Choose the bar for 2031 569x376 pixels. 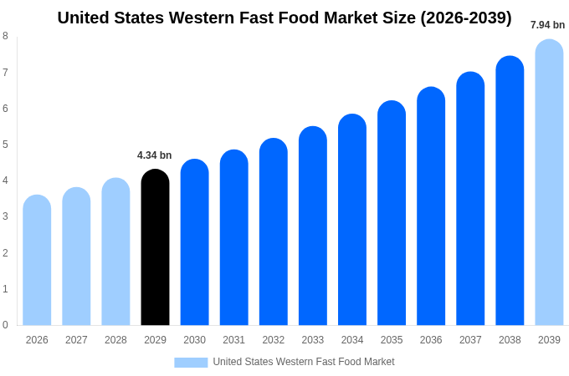(x=234, y=237)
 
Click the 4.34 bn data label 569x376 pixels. (x=155, y=155)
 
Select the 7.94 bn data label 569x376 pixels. (x=547, y=25)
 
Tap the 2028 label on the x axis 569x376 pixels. (x=115, y=340)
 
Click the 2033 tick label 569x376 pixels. (x=313, y=340)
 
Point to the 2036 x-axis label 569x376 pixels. (x=431, y=340)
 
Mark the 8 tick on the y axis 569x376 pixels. (x=5, y=36)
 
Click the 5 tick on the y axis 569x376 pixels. (x=5, y=145)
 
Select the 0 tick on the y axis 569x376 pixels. (x=5, y=325)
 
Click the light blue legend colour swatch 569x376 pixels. (x=191, y=362)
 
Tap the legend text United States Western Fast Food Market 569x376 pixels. (x=304, y=362)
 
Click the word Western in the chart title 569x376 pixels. (x=202, y=18)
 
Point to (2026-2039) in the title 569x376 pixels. (x=466, y=18)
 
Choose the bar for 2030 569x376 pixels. (x=195, y=242)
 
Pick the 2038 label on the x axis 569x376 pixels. (x=510, y=340)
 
